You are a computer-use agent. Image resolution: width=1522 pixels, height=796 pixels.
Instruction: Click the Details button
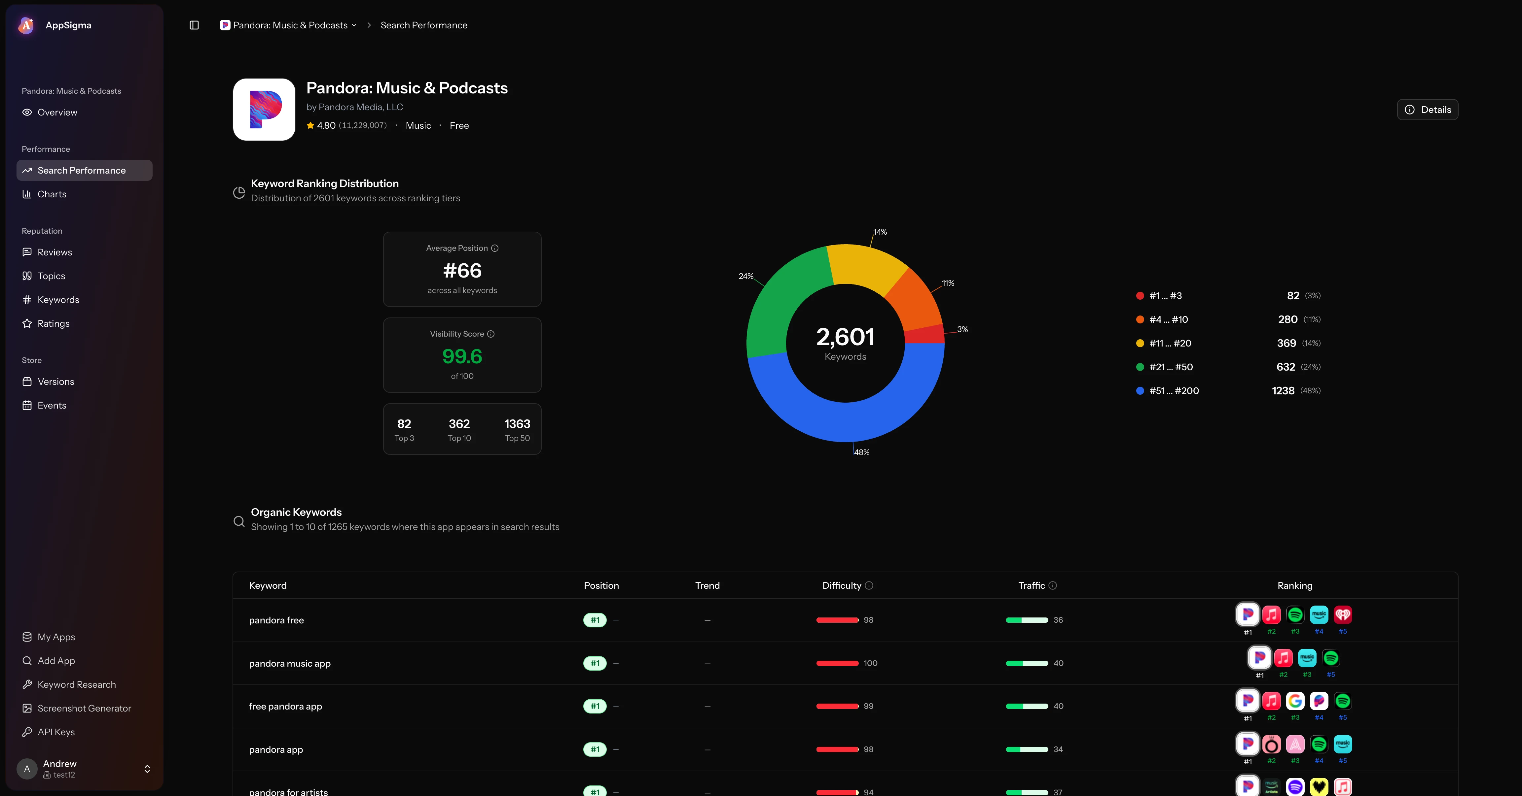[1428, 110]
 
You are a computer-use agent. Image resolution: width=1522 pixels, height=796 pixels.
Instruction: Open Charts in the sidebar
[52, 194]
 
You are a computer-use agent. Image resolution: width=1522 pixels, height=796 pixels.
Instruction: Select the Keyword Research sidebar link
[76, 684]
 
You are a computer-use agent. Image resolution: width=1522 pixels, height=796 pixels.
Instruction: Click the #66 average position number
[462, 271]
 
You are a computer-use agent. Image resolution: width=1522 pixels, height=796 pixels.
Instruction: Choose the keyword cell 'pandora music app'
[290, 663]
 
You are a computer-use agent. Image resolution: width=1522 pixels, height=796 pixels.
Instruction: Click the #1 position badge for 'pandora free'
[595, 620]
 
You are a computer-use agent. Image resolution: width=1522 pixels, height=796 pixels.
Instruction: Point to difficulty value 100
[870, 663]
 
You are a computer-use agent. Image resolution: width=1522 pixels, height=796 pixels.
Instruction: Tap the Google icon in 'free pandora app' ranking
[1295, 701]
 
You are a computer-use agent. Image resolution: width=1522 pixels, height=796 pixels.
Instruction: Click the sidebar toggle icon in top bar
[194, 25]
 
